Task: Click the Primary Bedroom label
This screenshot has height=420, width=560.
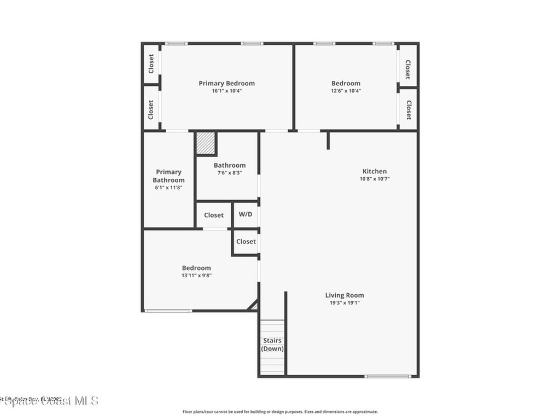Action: point(226,83)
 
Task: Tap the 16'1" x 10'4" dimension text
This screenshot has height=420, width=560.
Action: point(226,91)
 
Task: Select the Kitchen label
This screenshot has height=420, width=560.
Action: point(375,171)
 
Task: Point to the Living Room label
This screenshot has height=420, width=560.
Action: point(345,295)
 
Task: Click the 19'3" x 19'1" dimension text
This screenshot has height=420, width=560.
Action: point(345,302)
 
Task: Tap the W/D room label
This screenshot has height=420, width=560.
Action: point(246,214)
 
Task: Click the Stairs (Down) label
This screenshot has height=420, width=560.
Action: point(272,345)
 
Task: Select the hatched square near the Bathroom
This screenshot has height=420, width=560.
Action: point(206,143)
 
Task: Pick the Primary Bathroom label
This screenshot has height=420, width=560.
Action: point(168,176)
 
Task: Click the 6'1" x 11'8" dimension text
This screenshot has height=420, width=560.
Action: point(168,188)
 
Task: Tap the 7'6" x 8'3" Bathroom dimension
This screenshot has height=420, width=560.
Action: point(230,173)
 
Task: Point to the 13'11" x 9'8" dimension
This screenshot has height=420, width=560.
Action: point(196,276)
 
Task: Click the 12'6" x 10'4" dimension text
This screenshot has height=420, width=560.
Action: point(346,91)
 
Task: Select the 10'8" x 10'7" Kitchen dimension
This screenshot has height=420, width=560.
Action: point(375,179)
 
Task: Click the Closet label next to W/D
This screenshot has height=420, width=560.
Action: point(214,215)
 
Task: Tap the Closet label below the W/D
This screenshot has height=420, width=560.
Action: point(246,241)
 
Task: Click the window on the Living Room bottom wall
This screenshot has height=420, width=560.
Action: point(388,376)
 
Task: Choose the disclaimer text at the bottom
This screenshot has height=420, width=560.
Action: point(280,412)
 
